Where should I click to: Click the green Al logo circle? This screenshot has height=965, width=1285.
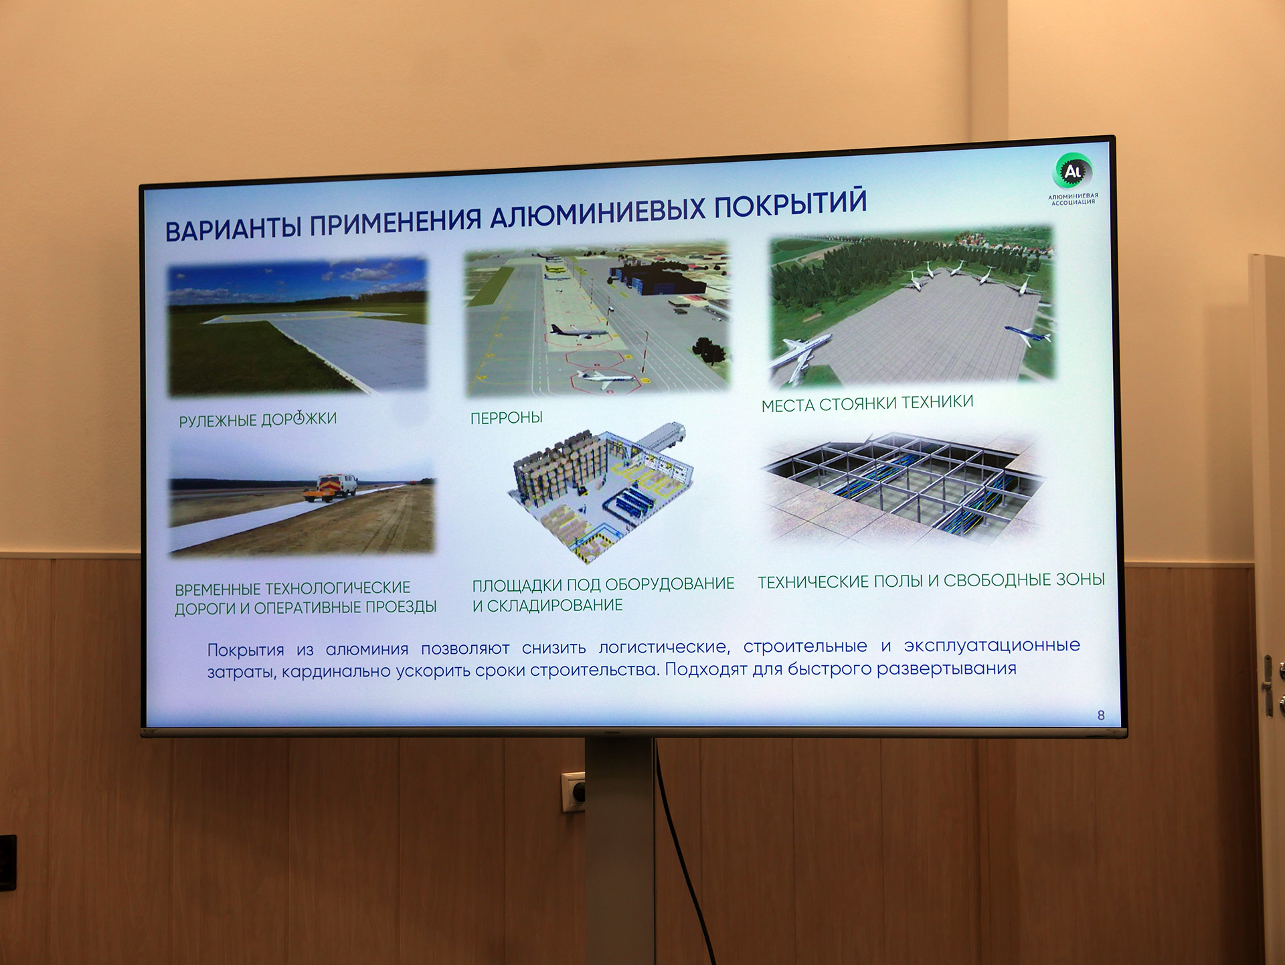(1073, 171)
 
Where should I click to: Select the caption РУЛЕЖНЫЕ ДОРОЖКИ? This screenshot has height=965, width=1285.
(258, 420)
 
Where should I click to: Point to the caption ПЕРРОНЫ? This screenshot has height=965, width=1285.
(507, 418)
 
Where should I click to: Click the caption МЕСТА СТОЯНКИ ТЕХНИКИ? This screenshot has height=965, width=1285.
(867, 403)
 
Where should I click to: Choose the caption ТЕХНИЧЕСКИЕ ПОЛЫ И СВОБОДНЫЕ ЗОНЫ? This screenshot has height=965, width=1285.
(931, 580)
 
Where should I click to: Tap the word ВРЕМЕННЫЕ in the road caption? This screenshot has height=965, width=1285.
(218, 589)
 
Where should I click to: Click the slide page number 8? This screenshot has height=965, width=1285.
(1101, 715)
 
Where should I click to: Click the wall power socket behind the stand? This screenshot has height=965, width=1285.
(574, 792)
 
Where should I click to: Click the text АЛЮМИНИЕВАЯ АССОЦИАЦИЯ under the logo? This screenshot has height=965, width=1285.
(1073, 199)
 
